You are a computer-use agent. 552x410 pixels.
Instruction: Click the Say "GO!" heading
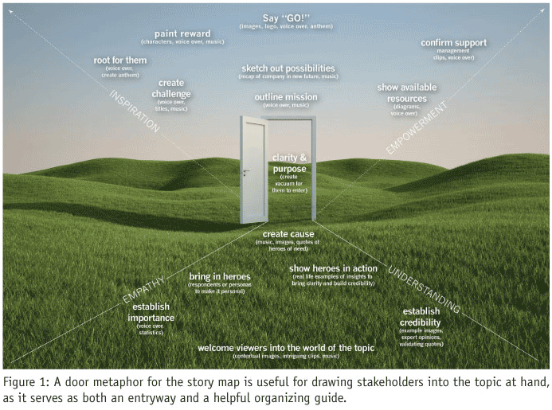coord(287,17)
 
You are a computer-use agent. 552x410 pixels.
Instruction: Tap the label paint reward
coord(182,33)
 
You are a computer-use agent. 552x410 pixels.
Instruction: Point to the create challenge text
coord(171,88)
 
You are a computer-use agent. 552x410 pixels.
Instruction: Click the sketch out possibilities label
coord(288,68)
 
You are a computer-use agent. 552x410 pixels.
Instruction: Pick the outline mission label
coord(285,97)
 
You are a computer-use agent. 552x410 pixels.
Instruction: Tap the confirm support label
coord(455,42)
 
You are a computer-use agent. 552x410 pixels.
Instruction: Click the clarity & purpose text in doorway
coord(288,162)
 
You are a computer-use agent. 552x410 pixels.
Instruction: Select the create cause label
coord(288,234)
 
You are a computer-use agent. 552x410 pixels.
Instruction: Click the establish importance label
coord(151,312)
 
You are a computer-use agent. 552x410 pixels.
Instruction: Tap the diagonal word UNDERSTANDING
coord(423,287)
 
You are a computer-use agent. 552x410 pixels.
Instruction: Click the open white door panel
coord(254,170)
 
